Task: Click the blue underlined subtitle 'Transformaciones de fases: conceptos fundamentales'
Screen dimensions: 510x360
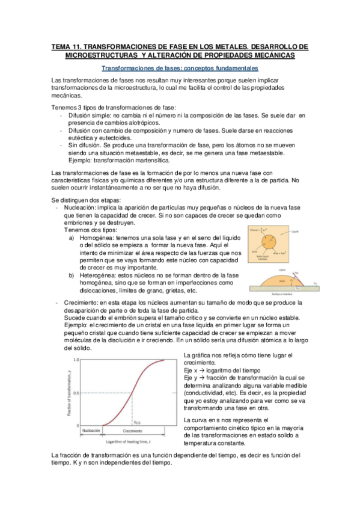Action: [x=180, y=69]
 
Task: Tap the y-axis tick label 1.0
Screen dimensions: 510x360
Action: [x=76, y=359]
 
